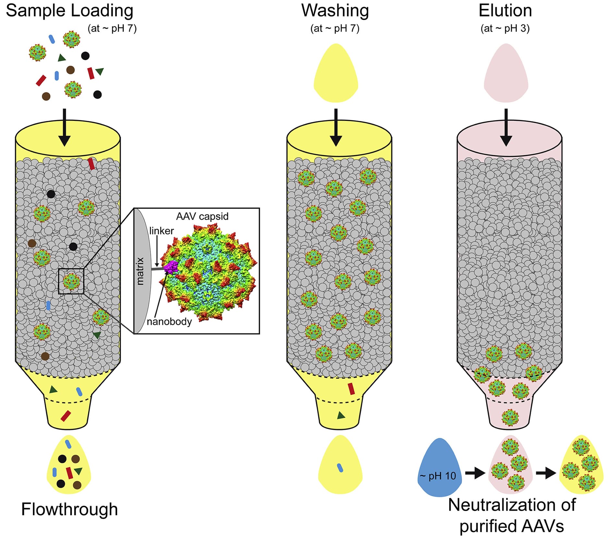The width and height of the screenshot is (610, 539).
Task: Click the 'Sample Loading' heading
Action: point(69,10)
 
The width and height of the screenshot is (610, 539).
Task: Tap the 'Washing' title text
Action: point(335,10)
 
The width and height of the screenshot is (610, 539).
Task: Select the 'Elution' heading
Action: point(505,10)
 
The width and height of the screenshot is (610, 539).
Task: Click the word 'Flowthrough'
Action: point(69,509)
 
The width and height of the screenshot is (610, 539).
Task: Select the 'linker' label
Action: point(161,231)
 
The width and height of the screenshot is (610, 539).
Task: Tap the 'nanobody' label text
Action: point(169,322)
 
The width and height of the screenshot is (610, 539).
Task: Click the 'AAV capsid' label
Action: point(202,216)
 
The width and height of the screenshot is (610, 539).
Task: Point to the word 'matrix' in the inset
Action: point(140,271)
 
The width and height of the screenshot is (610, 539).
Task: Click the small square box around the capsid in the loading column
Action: point(71,281)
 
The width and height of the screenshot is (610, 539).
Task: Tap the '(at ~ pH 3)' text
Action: point(505,29)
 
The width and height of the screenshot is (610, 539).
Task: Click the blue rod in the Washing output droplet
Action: point(340,468)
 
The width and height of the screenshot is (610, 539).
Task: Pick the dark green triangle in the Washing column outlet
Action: point(341,416)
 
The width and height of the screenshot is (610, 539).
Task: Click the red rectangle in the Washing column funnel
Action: point(351,389)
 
